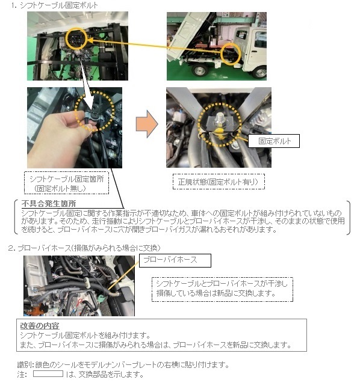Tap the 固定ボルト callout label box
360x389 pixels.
pyautogui.click(x=274, y=141)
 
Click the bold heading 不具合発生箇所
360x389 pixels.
pyautogui.click(x=45, y=204)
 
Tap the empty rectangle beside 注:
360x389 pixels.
pyautogui.click(x=48, y=374)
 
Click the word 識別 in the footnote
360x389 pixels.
pyautogui.click(x=25, y=365)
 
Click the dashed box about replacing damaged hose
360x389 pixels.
pyautogui.click(x=221, y=288)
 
